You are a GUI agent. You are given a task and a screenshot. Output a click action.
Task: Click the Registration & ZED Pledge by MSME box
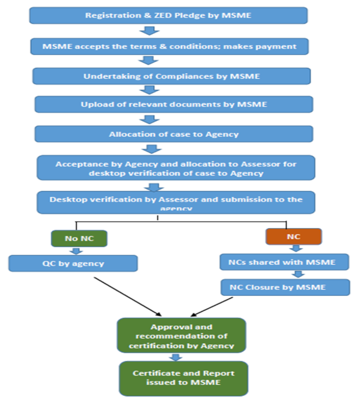169,15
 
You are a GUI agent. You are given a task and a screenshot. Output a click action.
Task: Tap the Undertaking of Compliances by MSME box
172,76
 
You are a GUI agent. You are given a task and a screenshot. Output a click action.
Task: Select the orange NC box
286,236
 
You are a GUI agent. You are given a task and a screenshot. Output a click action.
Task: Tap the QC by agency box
73,263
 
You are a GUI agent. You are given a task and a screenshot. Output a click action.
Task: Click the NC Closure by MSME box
286,287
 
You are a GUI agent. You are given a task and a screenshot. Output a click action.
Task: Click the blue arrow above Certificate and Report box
176,357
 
